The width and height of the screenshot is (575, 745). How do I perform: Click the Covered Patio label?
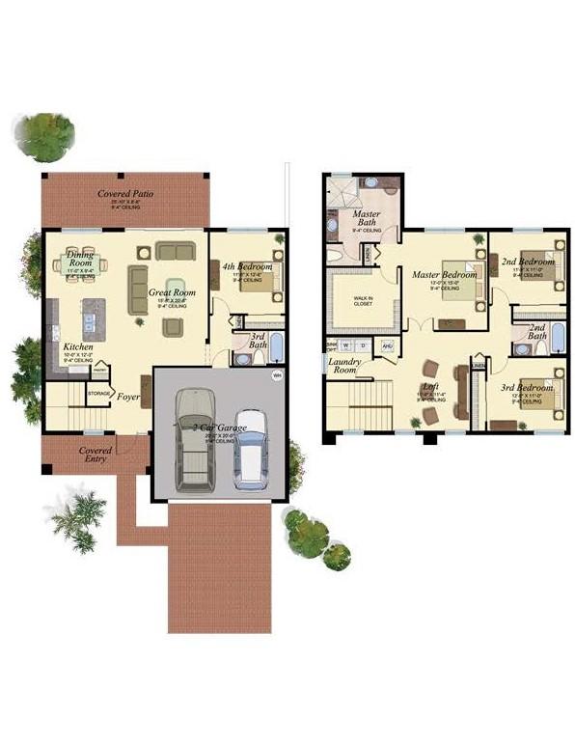[x=126, y=194]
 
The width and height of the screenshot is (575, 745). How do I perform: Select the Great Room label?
[x=172, y=292]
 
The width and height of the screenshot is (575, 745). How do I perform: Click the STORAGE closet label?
[x=98, y=393]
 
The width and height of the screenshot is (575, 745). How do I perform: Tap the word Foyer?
[x=128, y=395]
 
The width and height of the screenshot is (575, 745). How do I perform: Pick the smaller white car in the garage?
[x=252, y=452]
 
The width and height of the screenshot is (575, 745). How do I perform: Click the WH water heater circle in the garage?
[x=278, y=375]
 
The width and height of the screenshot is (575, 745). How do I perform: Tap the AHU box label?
[x=389, y=345]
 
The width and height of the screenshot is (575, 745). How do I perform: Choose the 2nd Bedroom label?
[x=528, y=262]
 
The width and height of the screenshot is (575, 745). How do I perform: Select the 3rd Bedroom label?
[x=526, y=388]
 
